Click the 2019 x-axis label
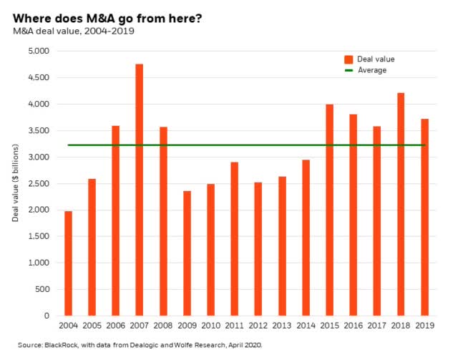(x=424, y=327)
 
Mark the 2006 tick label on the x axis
(x=116, y=327)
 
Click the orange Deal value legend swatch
(x=349, y=59)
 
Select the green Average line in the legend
(x=349, y=71)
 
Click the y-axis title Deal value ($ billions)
(x=15, y=183)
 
